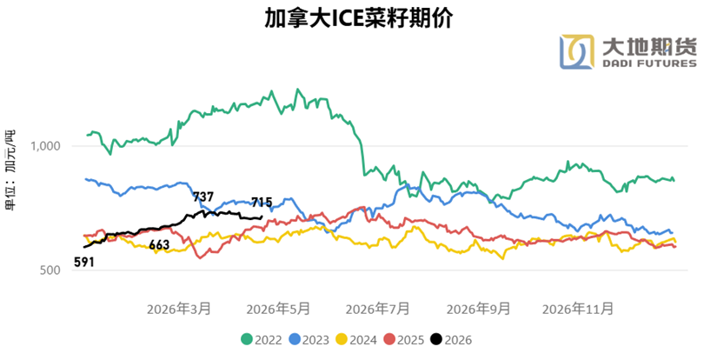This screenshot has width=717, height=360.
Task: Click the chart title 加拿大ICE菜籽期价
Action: tap(358, 19)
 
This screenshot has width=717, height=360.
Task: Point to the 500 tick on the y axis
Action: tap(50, 271)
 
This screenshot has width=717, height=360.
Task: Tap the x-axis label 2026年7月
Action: tap(377, 309)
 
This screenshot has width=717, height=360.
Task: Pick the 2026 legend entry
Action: tap(451, 340)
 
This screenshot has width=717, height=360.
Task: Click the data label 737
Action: tap(203, 197)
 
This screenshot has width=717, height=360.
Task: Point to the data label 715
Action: tap(262, 203)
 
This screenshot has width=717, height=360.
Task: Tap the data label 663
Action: tap(159, 245)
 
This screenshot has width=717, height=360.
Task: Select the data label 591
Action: tap(83, 261)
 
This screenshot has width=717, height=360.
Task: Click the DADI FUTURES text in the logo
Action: tap(649, 63)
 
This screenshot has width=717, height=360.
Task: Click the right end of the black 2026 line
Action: tap(262, 217)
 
